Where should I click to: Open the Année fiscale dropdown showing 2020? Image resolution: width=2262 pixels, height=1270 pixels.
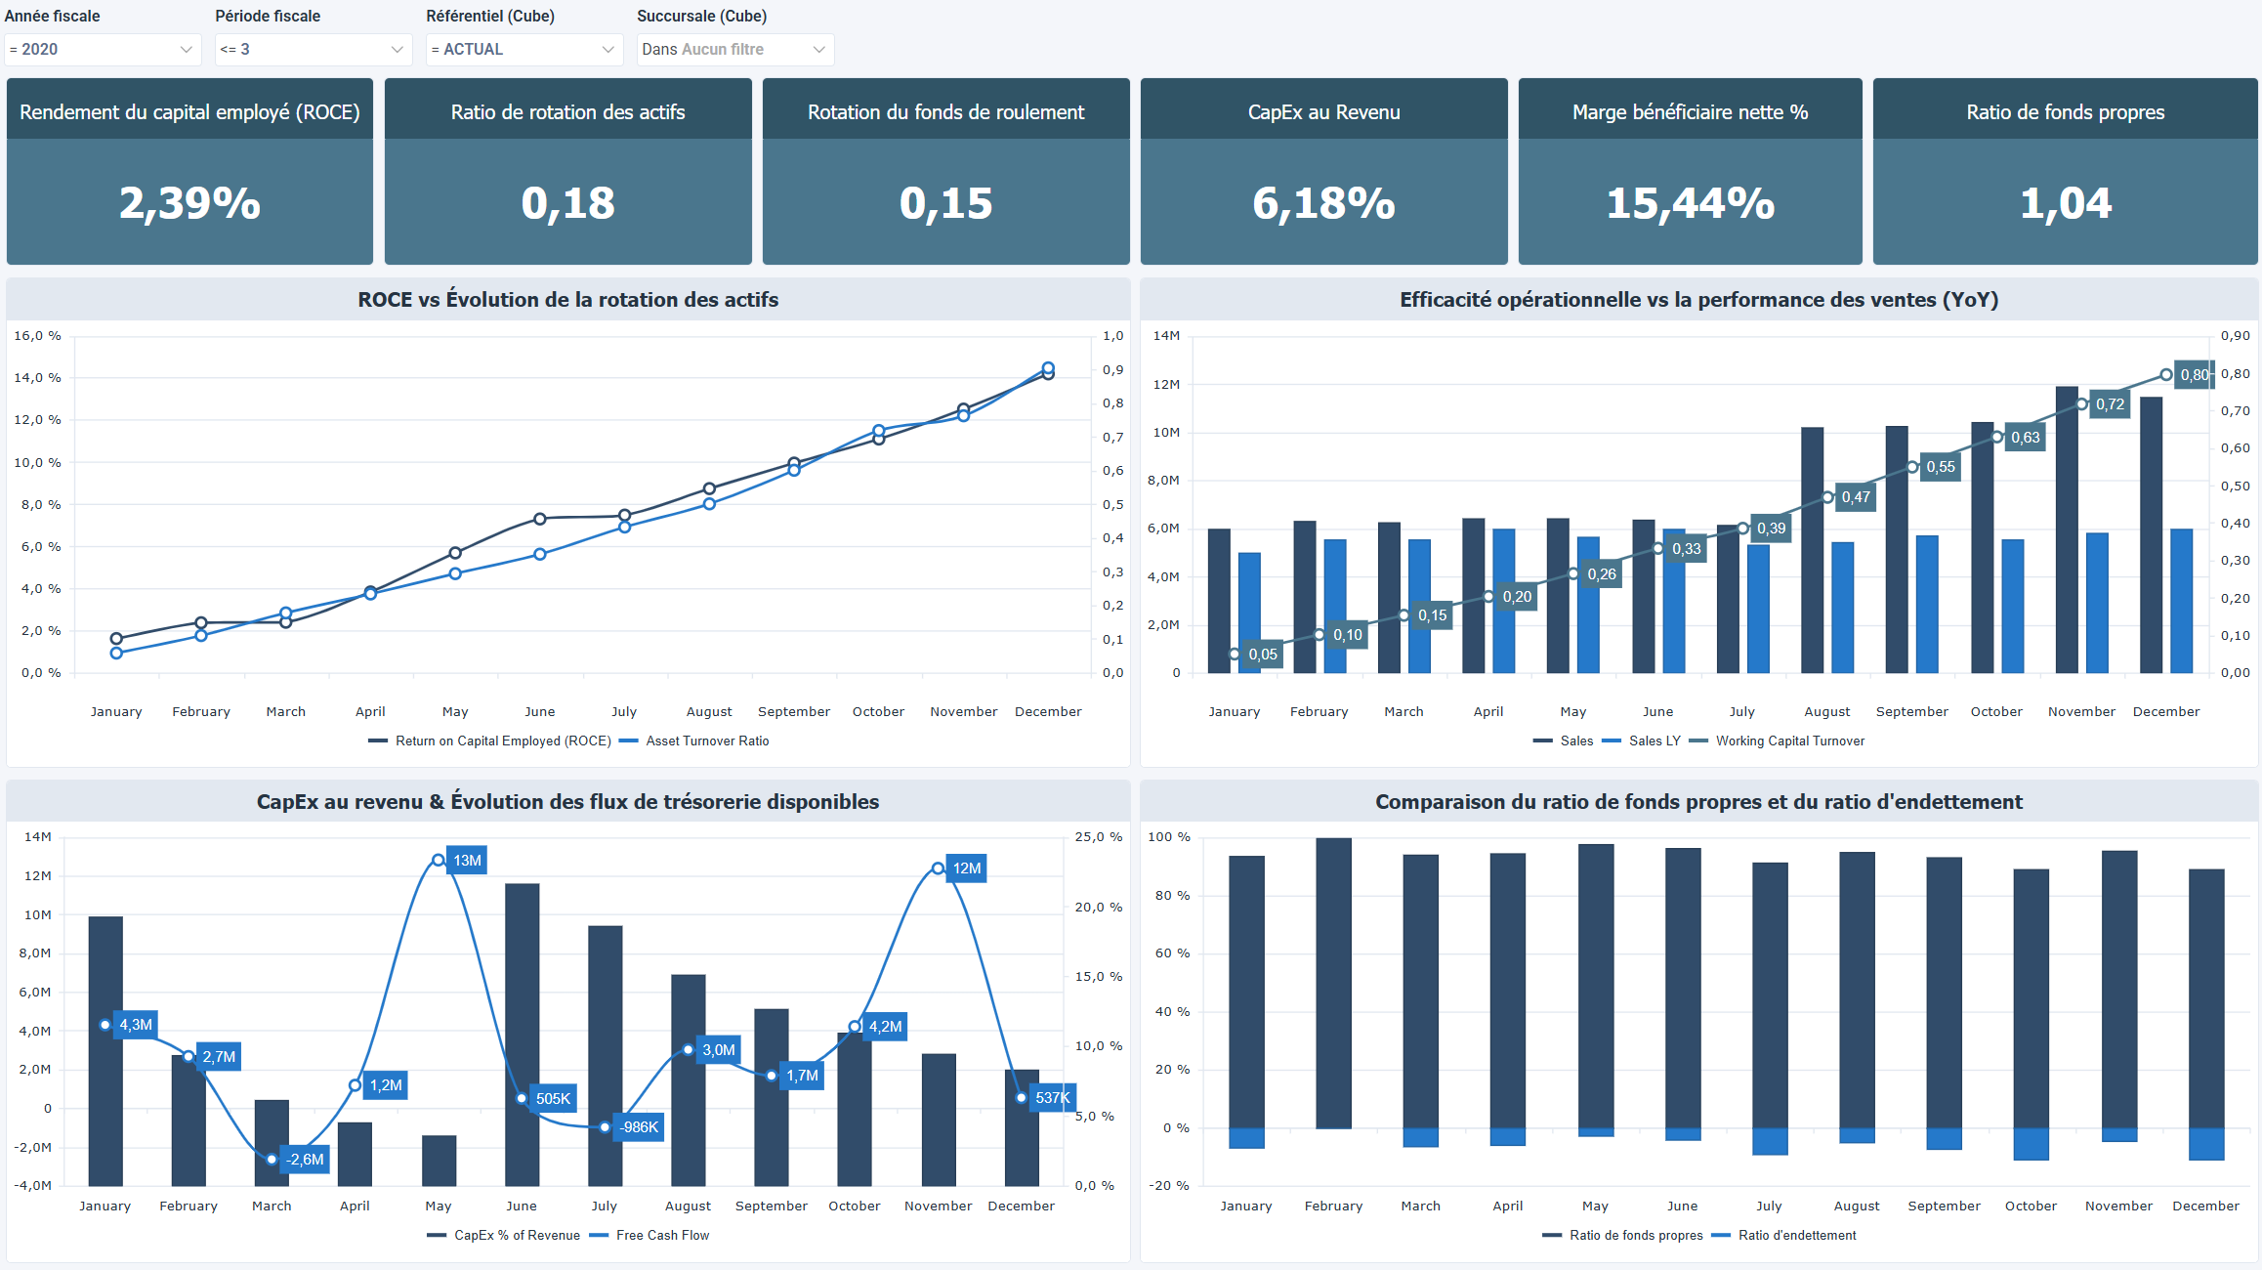102,49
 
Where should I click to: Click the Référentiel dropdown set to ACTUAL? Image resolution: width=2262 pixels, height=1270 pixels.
524,49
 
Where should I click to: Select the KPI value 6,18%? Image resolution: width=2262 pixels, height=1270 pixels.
1323,203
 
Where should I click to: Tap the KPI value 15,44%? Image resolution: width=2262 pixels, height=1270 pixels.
1690,203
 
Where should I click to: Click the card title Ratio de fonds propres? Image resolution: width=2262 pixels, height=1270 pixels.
2065,112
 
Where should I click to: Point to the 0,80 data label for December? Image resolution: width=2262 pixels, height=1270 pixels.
2194,375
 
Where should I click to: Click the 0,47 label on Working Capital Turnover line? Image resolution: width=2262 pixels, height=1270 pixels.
1855,497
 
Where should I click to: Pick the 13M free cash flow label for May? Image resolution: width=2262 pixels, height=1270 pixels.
467,861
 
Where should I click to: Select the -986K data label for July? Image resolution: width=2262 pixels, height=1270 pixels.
639,1127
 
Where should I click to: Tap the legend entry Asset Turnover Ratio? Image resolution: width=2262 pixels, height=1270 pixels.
706,741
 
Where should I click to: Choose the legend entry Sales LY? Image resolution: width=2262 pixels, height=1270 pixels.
1654,741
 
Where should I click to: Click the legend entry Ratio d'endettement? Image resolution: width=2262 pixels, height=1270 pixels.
1796,1236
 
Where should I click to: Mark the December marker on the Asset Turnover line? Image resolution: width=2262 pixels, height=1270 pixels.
1048,368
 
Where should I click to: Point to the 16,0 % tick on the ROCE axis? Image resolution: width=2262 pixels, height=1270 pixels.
37,336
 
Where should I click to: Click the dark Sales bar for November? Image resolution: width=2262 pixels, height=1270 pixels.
2067,529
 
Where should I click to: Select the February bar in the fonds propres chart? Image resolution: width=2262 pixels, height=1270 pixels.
1333,982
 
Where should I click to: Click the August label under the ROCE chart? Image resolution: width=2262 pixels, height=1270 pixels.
709,712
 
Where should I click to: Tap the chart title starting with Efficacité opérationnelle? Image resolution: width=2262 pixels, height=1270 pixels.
1698,300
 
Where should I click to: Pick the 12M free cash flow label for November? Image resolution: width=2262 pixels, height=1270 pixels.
966,868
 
